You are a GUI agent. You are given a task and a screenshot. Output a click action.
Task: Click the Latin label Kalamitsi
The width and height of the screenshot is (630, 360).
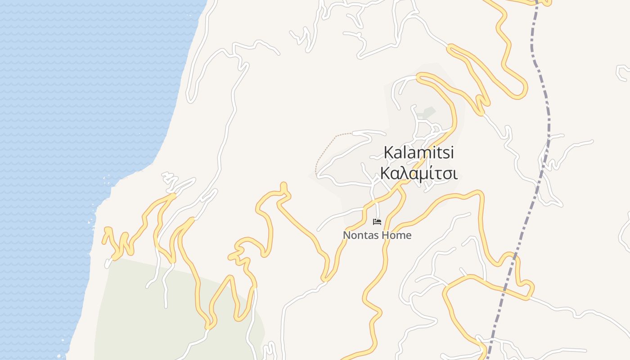418,153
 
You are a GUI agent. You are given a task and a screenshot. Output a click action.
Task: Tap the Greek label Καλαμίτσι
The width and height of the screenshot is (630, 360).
418,173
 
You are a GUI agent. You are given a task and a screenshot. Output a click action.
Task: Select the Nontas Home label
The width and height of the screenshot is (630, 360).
377,235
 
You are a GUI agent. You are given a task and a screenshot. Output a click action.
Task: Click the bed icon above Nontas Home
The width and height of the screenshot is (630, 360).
377,222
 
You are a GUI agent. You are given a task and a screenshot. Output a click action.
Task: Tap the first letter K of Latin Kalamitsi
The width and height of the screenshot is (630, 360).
388,153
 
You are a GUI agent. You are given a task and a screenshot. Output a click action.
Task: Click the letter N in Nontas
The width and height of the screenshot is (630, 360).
346,235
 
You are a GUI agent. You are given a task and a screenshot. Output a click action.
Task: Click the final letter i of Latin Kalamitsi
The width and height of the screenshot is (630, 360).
451,153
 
